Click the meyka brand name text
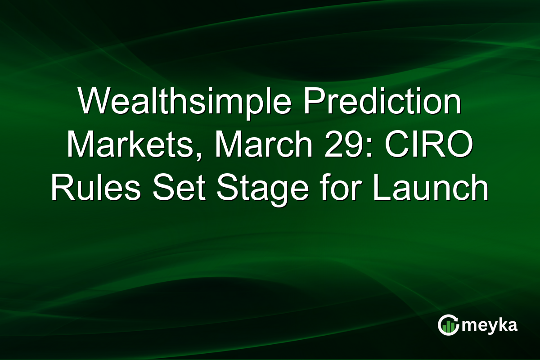coord(491,325)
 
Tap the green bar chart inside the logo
coord(448,327)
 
